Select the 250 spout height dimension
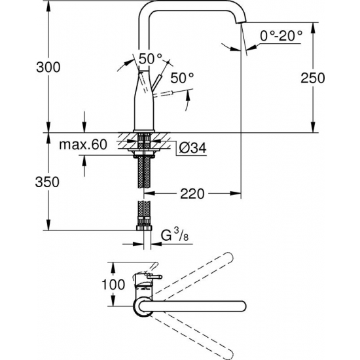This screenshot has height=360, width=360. tap(333, 77)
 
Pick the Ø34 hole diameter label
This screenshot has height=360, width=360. tap(192, 148)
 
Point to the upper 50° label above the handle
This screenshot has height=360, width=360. tap(149, 58)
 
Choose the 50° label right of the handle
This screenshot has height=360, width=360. tap(183, 79)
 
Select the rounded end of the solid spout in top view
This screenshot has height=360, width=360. tap(242, 305)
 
